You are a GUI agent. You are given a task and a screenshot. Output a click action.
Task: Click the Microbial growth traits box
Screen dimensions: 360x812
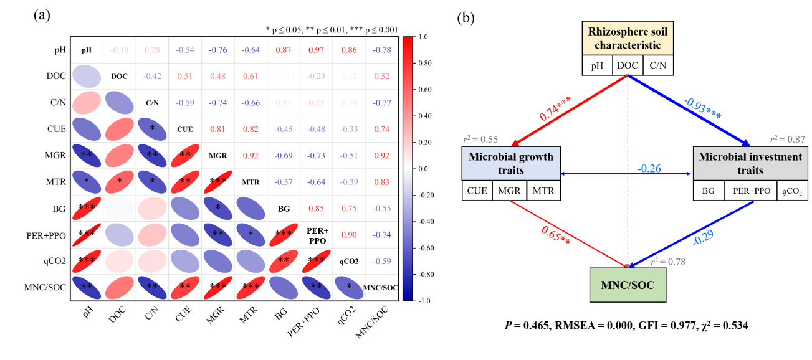pyautogui.click(x=510, y=163)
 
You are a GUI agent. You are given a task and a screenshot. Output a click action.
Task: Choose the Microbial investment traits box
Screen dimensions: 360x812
pyautogui.click(x=750, y=163)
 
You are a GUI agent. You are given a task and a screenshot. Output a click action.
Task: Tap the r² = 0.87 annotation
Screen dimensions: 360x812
pyautogui.click(x=787, y=140)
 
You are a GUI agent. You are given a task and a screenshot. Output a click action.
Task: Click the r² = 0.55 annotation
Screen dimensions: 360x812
pyautogui.click(x=480, y=141)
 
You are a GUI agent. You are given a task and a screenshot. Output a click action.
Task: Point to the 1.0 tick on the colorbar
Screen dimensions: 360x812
pyautogui.click(x=426, y=37)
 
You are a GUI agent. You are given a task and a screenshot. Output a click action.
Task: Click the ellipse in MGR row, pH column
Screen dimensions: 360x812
pyautogui.click(x=87, y=156)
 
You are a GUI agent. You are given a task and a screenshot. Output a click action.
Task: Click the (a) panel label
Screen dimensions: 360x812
pyautogui.click(x=42, y=16)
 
